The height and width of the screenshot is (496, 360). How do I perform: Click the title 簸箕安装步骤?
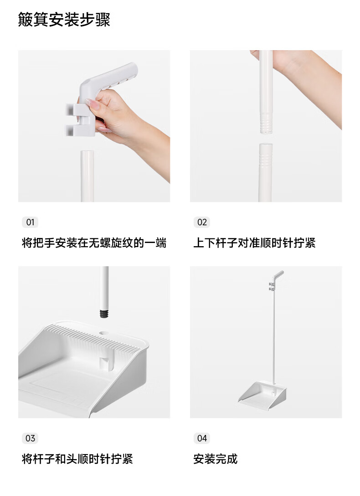click(64, 20)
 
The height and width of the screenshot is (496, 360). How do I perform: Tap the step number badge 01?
click(30, 222)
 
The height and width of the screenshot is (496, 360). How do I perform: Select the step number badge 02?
click(202, 222)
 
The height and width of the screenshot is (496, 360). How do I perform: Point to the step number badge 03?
click(30, 438)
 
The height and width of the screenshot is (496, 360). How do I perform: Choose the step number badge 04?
click(202, 438)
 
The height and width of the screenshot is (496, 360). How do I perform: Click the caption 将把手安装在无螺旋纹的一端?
click(94, 243)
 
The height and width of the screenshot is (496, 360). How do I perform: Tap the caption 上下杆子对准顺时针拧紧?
click(254, 243)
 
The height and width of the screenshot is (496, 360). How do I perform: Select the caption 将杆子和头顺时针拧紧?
click(77, 459)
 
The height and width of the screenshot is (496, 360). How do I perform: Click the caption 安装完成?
click(215, 459)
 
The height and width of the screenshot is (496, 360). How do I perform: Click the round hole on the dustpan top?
click(103, 333)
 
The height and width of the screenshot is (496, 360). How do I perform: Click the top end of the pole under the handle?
click(87, 152)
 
